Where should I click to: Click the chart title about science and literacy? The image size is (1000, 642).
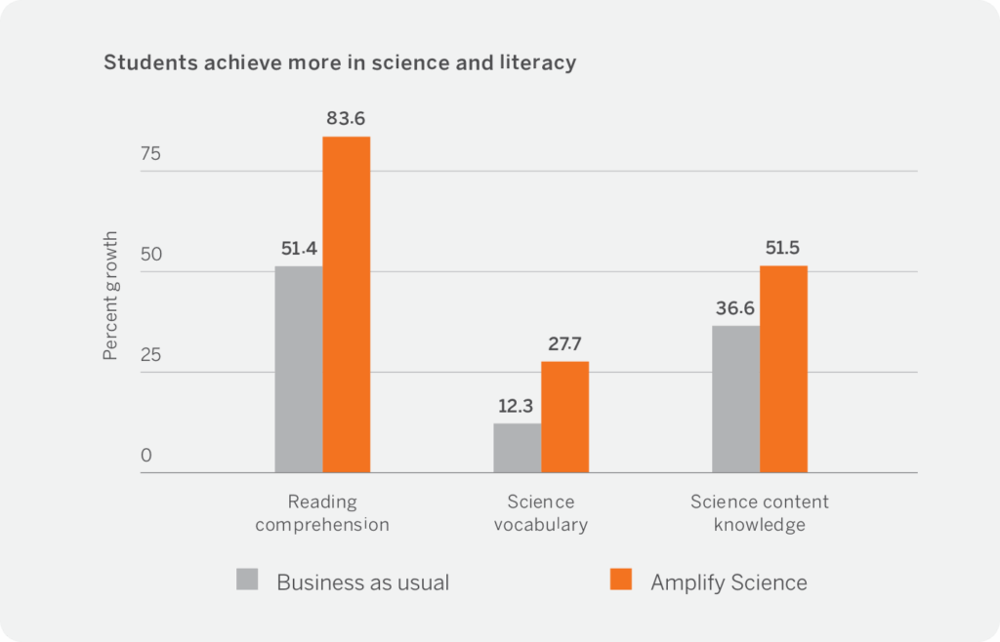coord(340,63)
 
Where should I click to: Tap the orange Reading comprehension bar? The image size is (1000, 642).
coord(347,304)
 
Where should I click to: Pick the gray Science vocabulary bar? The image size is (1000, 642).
coord(518,448)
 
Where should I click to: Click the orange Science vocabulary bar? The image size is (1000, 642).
coord(565,417)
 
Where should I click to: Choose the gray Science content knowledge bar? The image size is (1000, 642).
coord(735,399)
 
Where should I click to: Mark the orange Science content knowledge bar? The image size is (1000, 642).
coord(784,369)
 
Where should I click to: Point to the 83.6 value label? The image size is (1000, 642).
coord(347,119)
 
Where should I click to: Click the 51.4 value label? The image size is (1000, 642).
coord(298,249)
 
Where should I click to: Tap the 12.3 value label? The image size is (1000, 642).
coord(517,406)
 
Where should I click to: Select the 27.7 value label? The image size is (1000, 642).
coord(565,344)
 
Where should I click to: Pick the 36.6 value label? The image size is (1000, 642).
coord(735,308)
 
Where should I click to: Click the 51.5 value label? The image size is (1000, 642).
coord(784,248)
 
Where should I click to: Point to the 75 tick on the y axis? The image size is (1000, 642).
coord(150,154)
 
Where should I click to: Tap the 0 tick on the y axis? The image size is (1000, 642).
coord(146,456)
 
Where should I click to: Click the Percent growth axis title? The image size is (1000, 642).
coord(111,296)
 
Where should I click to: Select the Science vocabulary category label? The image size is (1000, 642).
coord(541,513)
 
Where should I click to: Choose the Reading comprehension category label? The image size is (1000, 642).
coord(322,513)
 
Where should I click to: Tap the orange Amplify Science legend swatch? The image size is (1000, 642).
coord(621,581)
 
